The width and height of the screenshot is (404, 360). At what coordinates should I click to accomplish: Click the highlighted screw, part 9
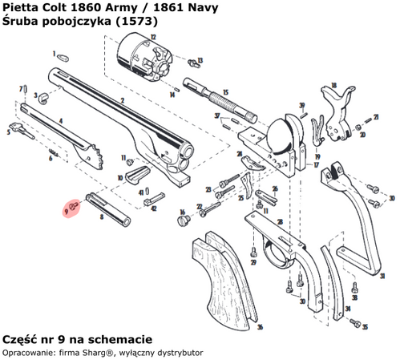tap(72, 205)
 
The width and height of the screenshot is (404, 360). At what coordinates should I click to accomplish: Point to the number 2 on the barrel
tap(121, 99)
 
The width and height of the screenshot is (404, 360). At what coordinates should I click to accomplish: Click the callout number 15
tap(225, 92)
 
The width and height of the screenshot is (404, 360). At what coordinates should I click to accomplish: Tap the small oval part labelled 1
tap(63, 57)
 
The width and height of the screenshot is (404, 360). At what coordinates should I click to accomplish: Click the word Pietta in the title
tap(22, 7)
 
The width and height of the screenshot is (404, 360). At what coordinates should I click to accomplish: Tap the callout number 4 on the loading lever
tap(61, 120)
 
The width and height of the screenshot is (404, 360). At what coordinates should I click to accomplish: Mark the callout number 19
tap(317, 157)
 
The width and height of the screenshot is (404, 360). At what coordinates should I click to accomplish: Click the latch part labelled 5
tap(17, 127)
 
